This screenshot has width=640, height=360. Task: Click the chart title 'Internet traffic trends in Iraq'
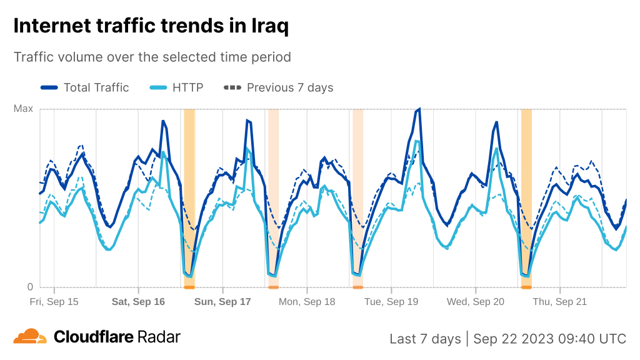click(x=151, y=26)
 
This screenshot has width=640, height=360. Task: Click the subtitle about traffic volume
click(x=152, y=57)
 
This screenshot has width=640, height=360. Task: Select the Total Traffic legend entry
click(x=85, y=87)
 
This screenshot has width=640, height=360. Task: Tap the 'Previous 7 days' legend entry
click(x=279, y=87)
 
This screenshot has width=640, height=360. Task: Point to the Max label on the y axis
click(x=23, y=109)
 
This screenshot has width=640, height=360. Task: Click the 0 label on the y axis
click(x=29, y=287)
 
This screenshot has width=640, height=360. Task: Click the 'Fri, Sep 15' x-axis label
click(x=54, y=302)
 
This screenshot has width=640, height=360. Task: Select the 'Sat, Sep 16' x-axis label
click(x=138, y=302)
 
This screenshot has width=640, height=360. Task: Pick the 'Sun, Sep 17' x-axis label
click(x=222, y=302)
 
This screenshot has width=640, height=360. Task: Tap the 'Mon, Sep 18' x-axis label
click(x=307, y=302)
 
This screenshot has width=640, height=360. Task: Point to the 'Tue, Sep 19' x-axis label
click(x=391, y=302)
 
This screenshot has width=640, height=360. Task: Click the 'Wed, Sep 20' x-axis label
click(x=476, y=302)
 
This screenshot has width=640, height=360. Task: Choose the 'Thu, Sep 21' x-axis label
click(x=560, y=302)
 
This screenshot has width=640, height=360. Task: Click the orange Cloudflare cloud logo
click(x=30, y=337)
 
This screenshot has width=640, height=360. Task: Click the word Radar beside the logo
click(x=159, y=337)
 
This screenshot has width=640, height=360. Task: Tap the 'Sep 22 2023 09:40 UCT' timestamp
click(x=549, y=339)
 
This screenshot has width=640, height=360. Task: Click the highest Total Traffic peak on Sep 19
click(x=419, y=109)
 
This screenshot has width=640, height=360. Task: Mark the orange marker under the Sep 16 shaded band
click(x=189, y=287)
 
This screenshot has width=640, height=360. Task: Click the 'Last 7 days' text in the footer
click(x=425, y=339)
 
